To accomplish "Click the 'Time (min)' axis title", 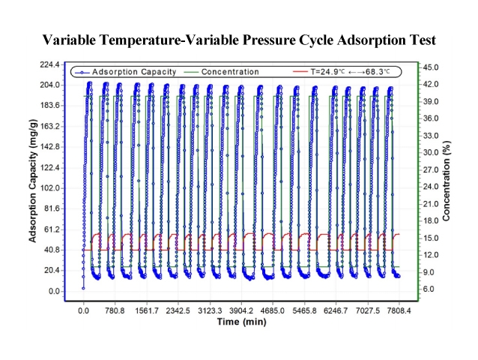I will click(x=240, y=322).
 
